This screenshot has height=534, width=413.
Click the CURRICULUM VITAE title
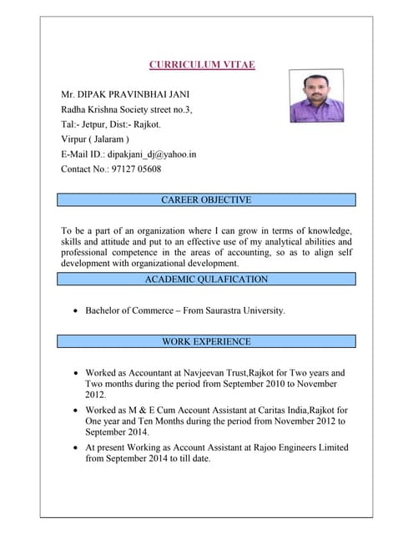[x=201, y=64]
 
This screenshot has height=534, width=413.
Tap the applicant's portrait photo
[x=315, y=96]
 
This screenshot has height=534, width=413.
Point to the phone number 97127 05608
[x=133, y=169]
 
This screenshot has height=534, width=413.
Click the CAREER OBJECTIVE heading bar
[x=205, y=200]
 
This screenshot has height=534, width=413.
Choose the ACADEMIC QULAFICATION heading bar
[x=205, y=280]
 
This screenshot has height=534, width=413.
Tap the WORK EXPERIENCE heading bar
[x=205, y=341]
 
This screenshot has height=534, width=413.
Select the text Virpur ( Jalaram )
[x=95, y=139]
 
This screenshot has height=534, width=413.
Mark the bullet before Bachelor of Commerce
[x=77, y=311]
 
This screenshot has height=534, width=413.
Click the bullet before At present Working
[x=77, y=448]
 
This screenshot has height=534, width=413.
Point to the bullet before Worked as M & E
[x=77, y=411]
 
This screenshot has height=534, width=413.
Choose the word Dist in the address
[x=120, y=124]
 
